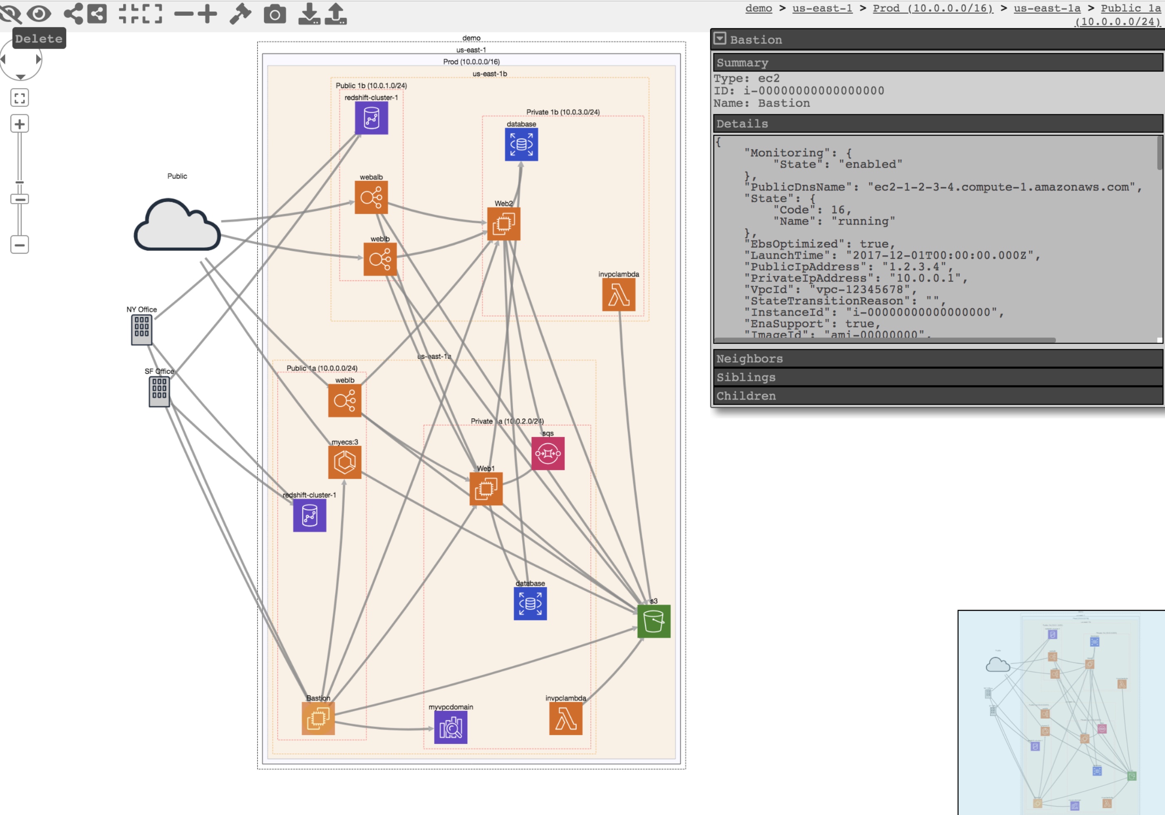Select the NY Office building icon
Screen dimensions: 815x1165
tap(141, 330)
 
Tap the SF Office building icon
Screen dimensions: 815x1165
tap(159, 392)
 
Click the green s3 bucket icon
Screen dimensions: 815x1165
tap(654, 621)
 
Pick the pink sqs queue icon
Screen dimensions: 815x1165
tap(548, 453)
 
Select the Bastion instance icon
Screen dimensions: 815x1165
tap(318, 718)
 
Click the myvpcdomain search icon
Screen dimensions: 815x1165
tap(451, 727)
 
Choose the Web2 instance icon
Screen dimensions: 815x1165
tap(503, 224)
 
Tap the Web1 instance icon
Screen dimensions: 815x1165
tap(486, 489)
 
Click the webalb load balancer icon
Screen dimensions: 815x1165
tap(371, 197)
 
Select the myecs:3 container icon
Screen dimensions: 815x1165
tap(345, 462)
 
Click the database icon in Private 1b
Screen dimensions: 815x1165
tap(521, 145)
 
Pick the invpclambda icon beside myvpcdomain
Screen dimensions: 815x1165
tap(565, 718)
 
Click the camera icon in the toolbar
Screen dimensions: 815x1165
tap(275, 14)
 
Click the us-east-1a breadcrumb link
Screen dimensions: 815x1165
tap(1047, 8)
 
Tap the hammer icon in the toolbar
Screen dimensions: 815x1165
tap(240, 14)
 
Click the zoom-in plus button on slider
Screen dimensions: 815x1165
tap(19, 124)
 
